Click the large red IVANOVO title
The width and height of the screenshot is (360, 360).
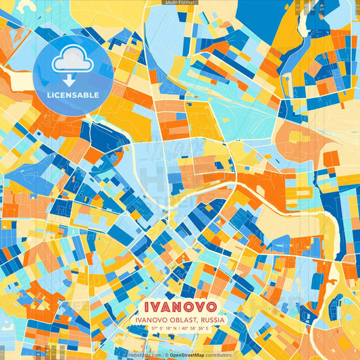point(180,304)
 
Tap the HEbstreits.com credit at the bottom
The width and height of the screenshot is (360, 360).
point(143,355)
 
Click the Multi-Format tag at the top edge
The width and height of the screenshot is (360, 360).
point(180,3)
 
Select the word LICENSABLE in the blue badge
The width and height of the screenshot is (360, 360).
point(72,95)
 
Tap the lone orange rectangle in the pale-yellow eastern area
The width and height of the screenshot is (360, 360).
point(331,159)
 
